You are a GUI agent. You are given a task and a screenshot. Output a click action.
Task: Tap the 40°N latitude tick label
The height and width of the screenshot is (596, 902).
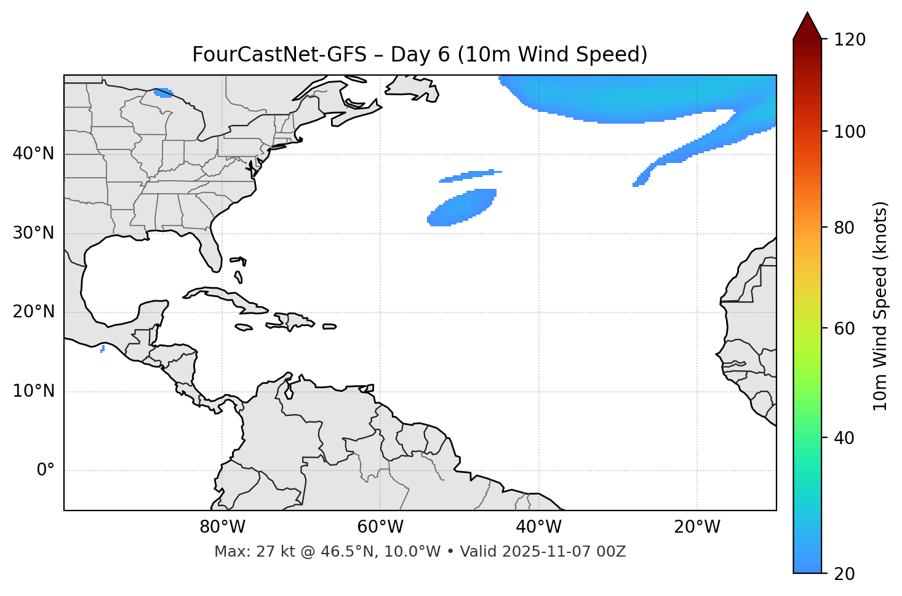33,154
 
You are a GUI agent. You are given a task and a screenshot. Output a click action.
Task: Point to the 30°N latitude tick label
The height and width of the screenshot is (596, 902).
33,233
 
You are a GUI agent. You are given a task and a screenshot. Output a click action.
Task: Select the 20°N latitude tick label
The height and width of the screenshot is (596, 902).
33,312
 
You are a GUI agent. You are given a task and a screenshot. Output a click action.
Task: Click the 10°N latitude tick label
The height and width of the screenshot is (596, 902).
33,391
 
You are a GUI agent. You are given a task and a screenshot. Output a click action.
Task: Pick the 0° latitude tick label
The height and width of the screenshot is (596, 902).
45,471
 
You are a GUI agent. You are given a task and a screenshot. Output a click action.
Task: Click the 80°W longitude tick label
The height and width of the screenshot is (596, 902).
222,527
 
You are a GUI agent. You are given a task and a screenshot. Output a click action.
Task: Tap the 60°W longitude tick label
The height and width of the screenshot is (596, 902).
380,527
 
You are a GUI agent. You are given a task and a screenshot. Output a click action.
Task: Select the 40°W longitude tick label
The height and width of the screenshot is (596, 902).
538,527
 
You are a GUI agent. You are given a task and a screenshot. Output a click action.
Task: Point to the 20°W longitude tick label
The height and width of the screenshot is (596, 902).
696,527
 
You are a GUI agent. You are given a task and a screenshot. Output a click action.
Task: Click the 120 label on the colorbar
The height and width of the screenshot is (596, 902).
849,40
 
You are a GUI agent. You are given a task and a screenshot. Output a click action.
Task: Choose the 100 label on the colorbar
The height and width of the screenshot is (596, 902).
849,132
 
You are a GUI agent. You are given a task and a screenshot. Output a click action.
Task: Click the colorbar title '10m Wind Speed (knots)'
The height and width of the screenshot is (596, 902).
880,306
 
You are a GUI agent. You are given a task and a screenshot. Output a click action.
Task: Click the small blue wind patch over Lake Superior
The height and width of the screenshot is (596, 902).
164,93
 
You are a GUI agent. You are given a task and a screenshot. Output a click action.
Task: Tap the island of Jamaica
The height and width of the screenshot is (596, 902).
244,327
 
